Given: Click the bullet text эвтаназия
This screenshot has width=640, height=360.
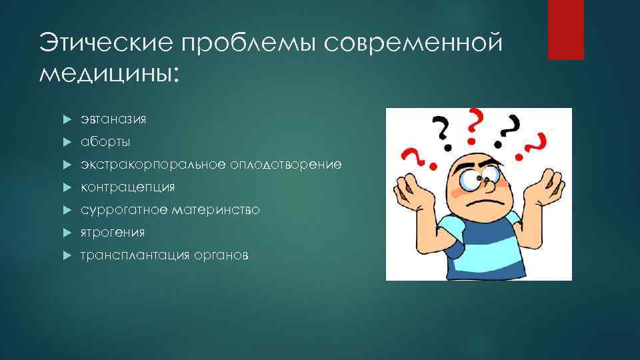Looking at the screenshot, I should coord(113,119).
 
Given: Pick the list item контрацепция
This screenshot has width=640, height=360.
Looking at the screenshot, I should coord(128,187).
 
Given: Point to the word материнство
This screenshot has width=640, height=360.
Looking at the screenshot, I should coord(215,210).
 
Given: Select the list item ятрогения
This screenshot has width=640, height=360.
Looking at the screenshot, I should coord(113,233).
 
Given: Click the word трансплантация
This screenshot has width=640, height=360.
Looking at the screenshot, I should coord(133,255).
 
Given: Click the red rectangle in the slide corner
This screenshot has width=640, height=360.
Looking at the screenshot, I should coord(565,30).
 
